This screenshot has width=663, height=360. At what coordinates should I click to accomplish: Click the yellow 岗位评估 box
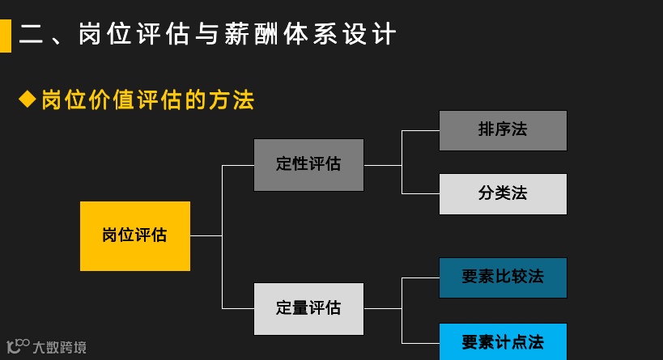(x=135, y=235)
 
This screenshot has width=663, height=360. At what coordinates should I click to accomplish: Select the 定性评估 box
(x=308, y=164)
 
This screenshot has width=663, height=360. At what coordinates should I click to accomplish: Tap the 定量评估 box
(x=308, y=308)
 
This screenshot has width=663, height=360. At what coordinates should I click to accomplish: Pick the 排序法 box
(x=503, y=130)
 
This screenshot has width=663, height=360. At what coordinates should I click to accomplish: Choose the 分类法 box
(x=503, y=193)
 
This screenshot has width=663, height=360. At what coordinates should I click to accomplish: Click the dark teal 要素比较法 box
(x=503, y=277)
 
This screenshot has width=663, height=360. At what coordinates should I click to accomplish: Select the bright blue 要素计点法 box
(x=503, y=341)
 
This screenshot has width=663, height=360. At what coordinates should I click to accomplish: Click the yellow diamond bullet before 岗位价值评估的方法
(x=28, y=100)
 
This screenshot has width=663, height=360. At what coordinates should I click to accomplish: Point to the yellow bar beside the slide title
(x=5, y=35)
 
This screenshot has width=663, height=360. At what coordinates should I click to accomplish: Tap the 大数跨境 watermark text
(x=60, y=348)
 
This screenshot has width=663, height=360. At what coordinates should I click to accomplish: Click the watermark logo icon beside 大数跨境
(x=17, y=346)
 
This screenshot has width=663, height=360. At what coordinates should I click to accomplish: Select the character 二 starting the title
(x=32, y=35)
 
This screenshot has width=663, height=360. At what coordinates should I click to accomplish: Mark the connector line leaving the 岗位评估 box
(x=206, y=235)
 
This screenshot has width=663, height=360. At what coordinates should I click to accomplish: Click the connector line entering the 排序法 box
(x=421, y=130)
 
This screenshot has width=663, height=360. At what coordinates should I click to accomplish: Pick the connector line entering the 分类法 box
(x=421, y=193)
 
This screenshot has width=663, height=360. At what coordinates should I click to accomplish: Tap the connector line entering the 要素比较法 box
(x=421, y=277)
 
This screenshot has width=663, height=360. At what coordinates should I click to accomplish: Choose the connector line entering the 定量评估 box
(x=238, y=308)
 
